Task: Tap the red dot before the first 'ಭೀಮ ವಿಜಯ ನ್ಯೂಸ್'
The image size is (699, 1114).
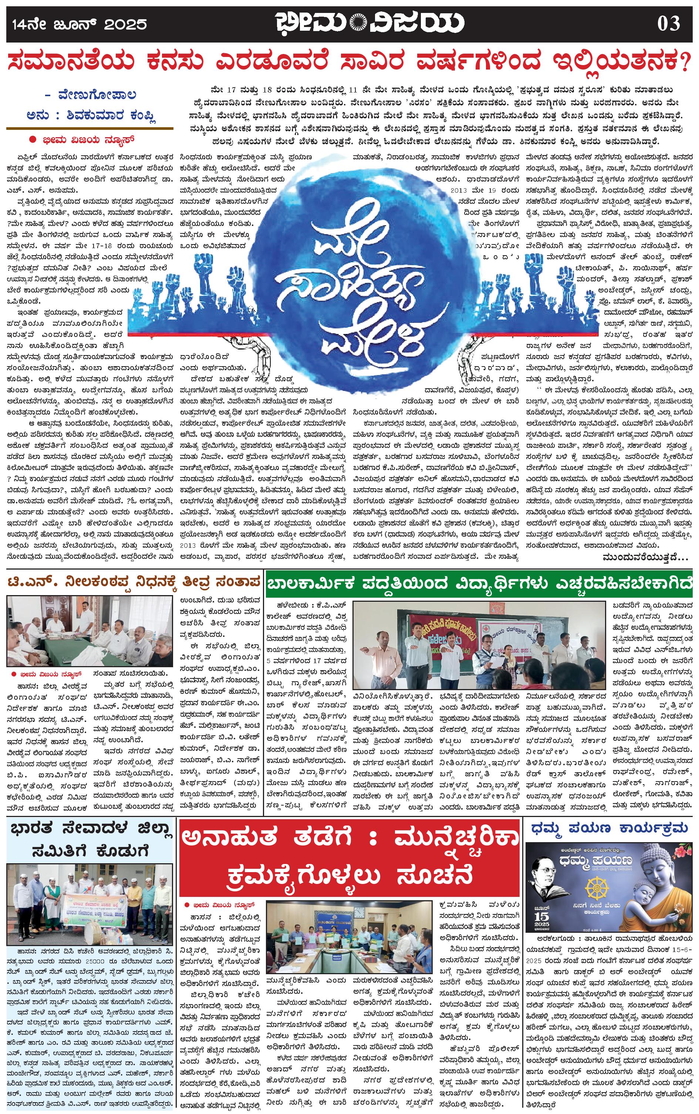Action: pos(33,139)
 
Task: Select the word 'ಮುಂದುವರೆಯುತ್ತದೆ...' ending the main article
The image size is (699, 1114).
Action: pos(645,557)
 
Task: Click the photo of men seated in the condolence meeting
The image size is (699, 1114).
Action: pos(89,632)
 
